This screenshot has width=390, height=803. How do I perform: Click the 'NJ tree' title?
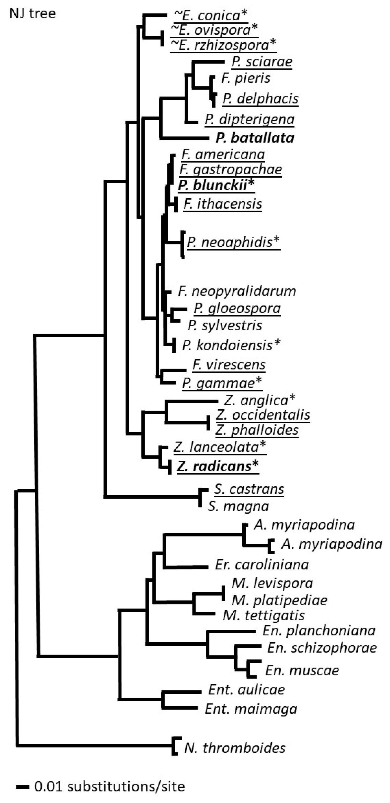point(32,14)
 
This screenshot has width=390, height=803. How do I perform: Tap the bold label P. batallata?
point(255,138)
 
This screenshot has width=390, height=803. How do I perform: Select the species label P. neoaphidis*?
point(233,242)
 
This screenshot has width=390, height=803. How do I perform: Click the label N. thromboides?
point(235,748)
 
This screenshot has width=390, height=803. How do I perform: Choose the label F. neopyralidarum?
point(237,291)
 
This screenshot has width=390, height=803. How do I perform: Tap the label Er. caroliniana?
point(262,564)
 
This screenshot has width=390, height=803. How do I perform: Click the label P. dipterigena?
point(249,119)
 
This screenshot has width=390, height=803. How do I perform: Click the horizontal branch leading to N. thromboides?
point(93,746)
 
